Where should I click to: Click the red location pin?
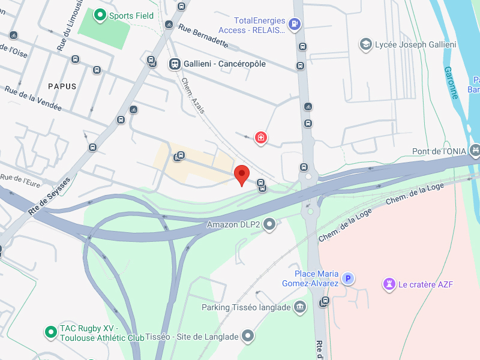click(x=241, y=174)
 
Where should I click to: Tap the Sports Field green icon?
click(x=100, y=16)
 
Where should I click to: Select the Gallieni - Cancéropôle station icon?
click(x=175, y=64)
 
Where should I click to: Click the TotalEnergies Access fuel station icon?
click(x=294, y=24)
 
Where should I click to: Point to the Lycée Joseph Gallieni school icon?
click(x=365, y=44)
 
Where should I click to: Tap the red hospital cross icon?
click(x=260, y=138)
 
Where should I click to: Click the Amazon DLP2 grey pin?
click(x=270, y=224)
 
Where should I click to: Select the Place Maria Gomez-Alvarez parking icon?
click(x=348, y=278)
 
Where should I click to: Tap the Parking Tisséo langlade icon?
click(x=299, y=307)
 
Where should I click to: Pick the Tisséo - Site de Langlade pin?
click(x=248, y=337)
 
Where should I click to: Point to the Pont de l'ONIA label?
click(x=439, y=151)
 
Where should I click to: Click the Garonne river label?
click(x=451, y=82)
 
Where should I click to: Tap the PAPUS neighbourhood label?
click(x=62, y=86)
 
